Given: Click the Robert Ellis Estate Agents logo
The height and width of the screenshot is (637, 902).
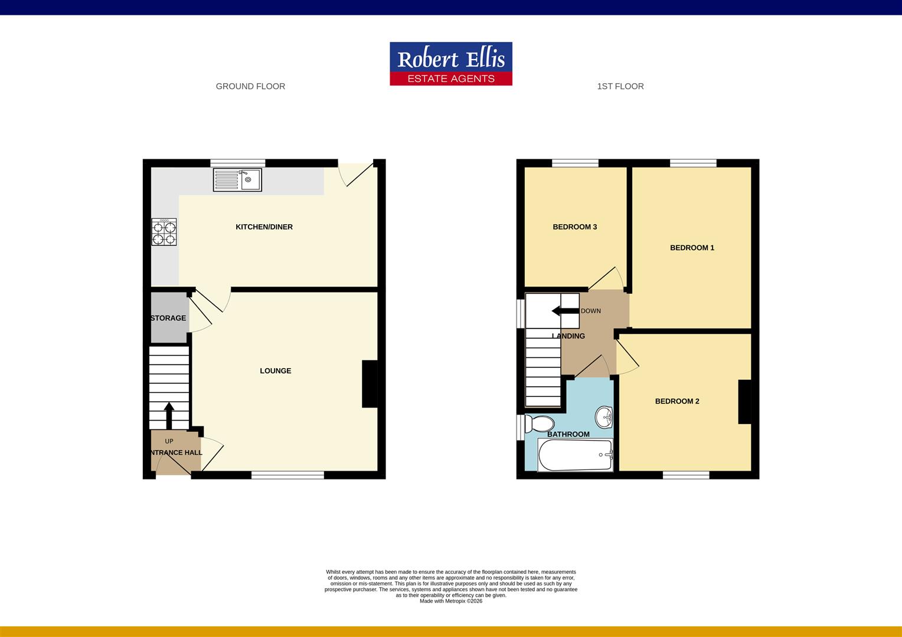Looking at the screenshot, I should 450,64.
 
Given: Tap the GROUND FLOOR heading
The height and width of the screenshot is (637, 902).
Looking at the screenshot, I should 250,87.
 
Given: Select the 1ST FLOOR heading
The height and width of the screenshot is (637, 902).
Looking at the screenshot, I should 620,87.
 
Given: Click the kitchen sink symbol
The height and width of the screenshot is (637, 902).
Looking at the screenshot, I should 238,180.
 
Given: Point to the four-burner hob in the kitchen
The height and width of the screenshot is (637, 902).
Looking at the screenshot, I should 164,231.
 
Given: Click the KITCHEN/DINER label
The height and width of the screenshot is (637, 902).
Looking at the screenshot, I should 264,227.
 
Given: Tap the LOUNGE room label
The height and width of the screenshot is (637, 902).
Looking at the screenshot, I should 275,371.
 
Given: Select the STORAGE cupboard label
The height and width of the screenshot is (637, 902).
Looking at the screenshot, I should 168,318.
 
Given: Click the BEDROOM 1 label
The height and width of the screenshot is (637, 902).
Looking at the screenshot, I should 692,248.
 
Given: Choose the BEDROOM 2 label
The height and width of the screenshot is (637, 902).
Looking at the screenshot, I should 676,402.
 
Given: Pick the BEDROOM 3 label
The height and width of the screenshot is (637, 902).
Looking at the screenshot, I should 574,227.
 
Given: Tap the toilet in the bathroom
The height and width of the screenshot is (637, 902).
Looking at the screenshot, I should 540,423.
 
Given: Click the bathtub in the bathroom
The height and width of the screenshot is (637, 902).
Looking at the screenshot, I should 575,455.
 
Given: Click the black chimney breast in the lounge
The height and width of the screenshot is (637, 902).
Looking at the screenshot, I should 370,383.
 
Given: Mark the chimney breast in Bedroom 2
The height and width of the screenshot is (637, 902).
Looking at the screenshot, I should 744,402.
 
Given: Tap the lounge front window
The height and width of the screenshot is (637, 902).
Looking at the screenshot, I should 287,475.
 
